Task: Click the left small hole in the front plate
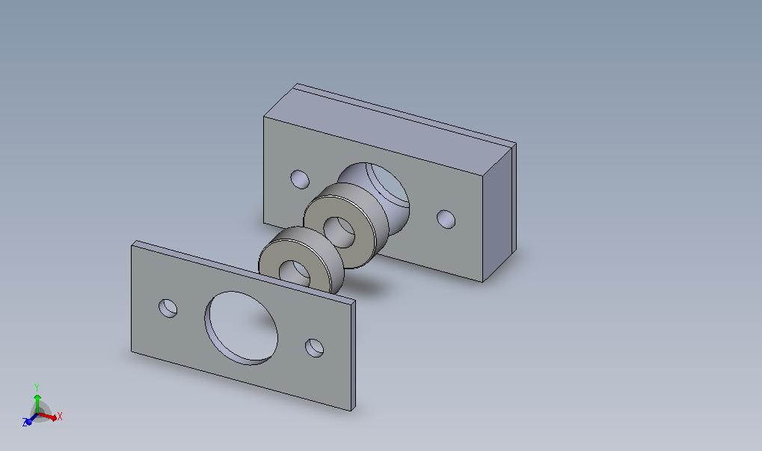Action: tap(168, 309)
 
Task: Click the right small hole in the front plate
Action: tap(314, 348)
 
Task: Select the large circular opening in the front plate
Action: tap(242, 328)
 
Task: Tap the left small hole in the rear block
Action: tap(300, 179)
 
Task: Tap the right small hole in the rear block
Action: tap(446, 219)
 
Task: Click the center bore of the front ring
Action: tap(295, 272)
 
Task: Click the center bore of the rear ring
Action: tap(339, 233)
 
